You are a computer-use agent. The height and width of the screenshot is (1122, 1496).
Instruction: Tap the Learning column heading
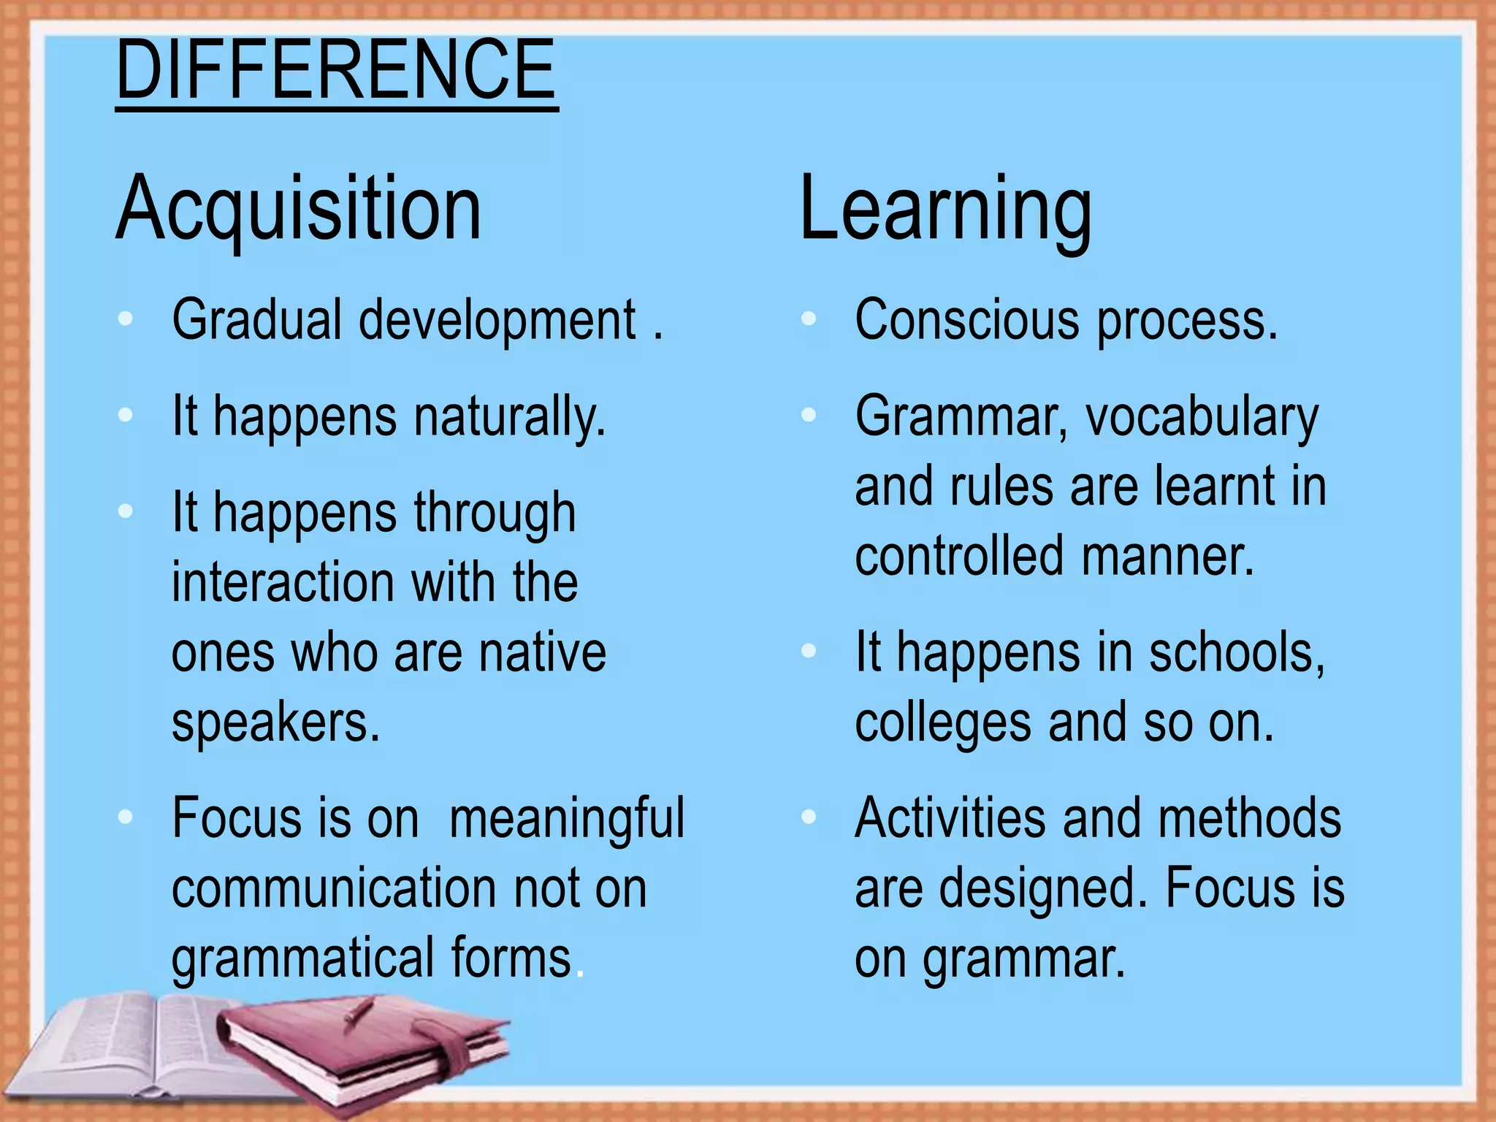pyautogui.click(x=945, y=209)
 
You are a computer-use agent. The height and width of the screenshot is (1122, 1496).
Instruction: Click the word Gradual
pyautogui.click(x=256, y=320)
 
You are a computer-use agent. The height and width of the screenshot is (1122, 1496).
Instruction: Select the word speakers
pyautogui.click(x=275, y=722)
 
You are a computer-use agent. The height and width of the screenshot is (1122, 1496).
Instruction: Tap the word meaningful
pyautogui.click(x=567, y=818)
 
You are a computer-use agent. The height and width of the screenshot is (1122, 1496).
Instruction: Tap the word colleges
pyautogui.click(x=942, y=722)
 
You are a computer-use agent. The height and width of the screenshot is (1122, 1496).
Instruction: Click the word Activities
pyautogui.click(x=950, y=818)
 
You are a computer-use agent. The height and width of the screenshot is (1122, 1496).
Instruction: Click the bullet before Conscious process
pyautogui.click(x=808, y=318)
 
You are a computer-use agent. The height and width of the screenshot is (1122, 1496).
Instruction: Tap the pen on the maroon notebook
pyautogui.click(x=358, y=1012)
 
